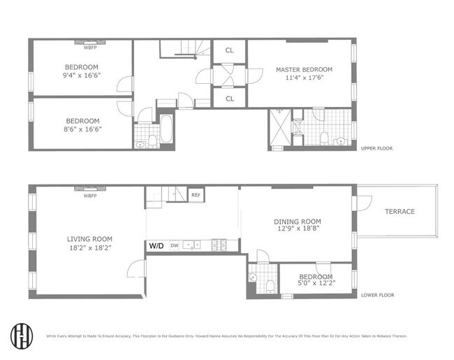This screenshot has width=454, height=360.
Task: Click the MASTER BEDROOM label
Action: pyautogui.click(x=303, y=70)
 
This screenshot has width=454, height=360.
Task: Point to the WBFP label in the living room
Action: pyautogui.click(x=89, y=196)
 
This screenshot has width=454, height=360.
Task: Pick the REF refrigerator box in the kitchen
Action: pyautogui.click(x=196, y=195)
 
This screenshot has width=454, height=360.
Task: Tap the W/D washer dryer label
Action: pyautogui.click(x=155, y=246)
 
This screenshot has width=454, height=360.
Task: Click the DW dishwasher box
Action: pyautogui.click(x=174, y=246)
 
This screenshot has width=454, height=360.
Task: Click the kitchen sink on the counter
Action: pyautogui.click(x=196, y=245)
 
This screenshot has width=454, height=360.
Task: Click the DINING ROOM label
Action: pyautogui.click(x=297, y=222)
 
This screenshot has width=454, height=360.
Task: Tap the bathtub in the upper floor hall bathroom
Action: pyautogui.click(x=167, y=131)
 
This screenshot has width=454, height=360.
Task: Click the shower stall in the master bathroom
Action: pyautogui.click(x=280, y=128)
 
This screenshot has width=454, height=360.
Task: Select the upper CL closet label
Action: pyautogui.click(x=230, y=51)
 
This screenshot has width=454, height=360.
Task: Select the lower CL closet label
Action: pyautogui.click(x=230, y=99)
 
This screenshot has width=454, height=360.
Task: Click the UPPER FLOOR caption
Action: pyautogui.click(x=377, y=148)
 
